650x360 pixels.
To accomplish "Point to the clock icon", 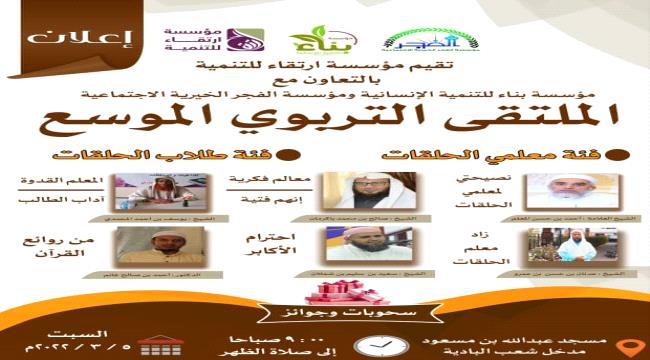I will (x=374, y=343).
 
